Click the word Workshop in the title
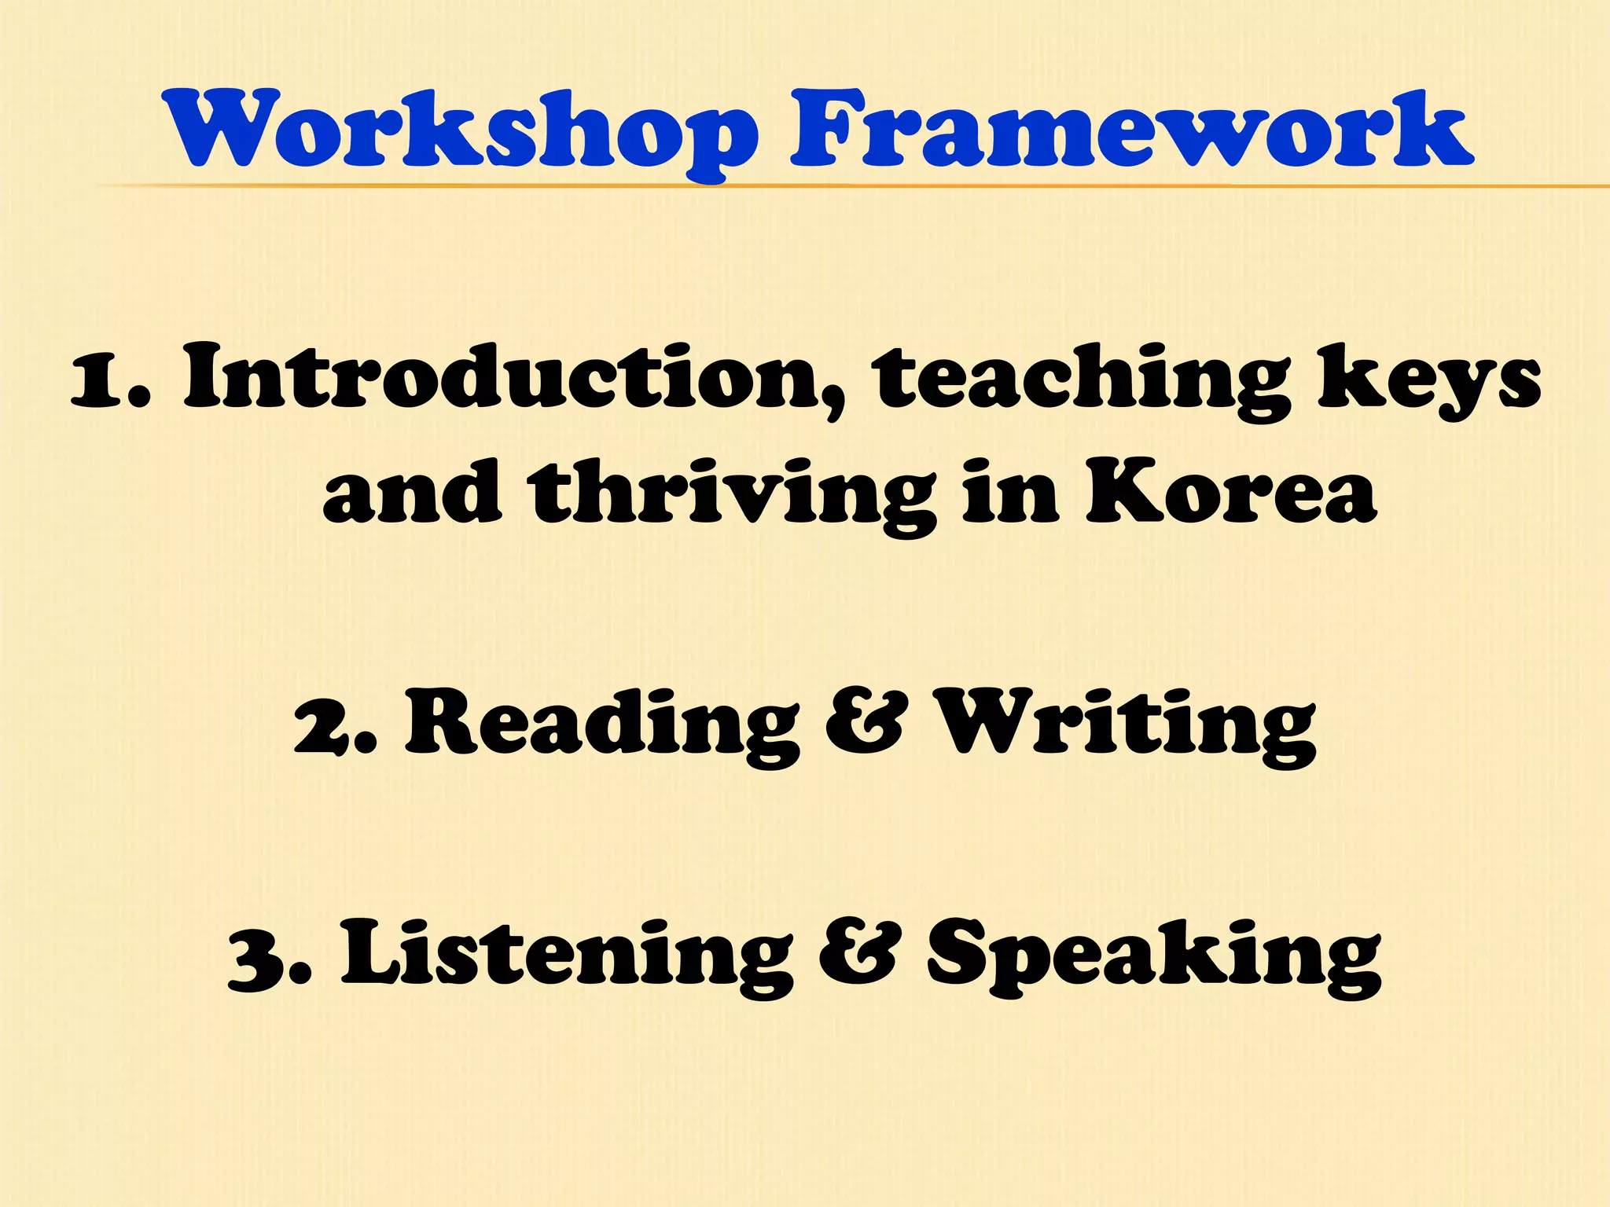[460, 130]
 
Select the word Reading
[602, 723]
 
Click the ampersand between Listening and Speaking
[858, 956]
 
